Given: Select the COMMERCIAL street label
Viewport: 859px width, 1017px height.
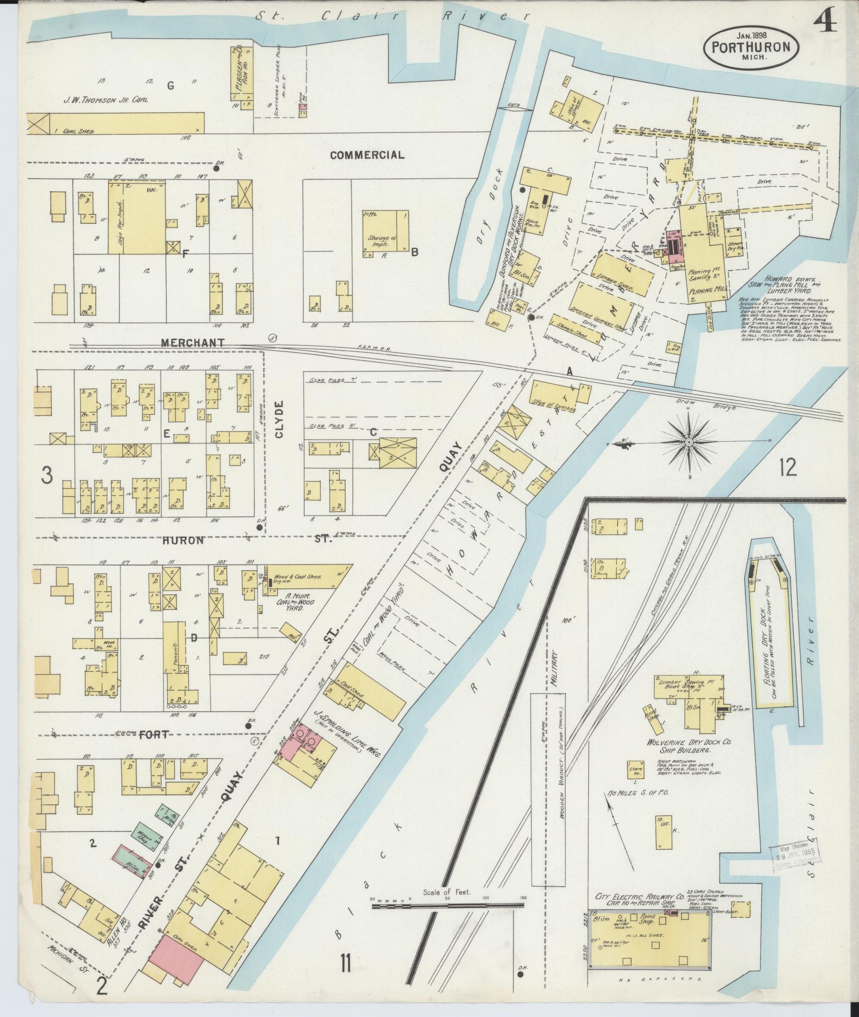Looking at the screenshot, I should [x=367, y=155].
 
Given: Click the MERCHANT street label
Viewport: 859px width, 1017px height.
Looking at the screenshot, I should [x=193, y=343].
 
